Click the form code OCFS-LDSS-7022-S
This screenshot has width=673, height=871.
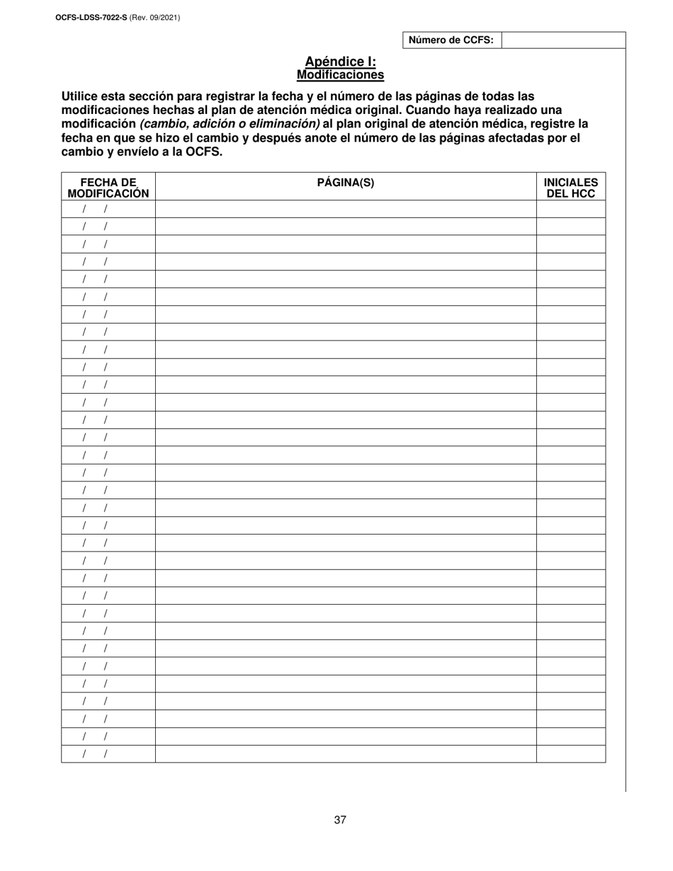point(91,17)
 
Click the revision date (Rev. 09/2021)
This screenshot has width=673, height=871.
point(154,17)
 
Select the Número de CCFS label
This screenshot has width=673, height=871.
point(451,40)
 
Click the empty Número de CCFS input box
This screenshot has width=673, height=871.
point(563,40)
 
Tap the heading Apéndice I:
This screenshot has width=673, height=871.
point(340,62)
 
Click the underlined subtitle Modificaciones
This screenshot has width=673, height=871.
point(340,74)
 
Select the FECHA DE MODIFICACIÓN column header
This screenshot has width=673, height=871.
point(108,188)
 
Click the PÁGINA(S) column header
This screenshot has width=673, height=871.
point(346,183)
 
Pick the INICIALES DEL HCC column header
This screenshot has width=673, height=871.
point(571,188)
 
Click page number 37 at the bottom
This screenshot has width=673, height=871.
point(340,820)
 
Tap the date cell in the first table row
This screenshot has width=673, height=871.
point(108,209)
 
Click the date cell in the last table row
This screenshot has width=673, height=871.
point(108,754)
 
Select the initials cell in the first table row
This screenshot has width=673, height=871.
point(571,209)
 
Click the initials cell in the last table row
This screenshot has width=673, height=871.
point(571,754)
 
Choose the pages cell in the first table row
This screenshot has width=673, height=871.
point(346,209)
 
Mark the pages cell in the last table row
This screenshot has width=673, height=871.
point(346,754)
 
